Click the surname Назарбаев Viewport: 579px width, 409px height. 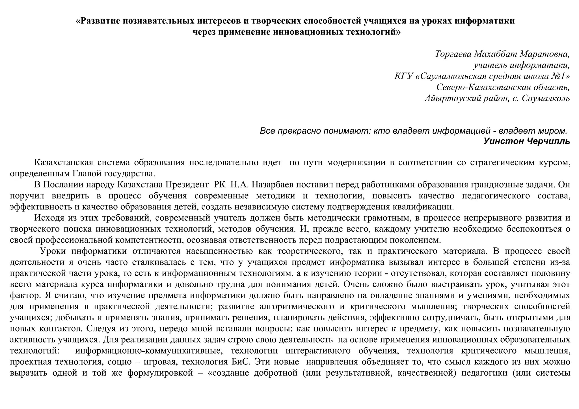271,185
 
